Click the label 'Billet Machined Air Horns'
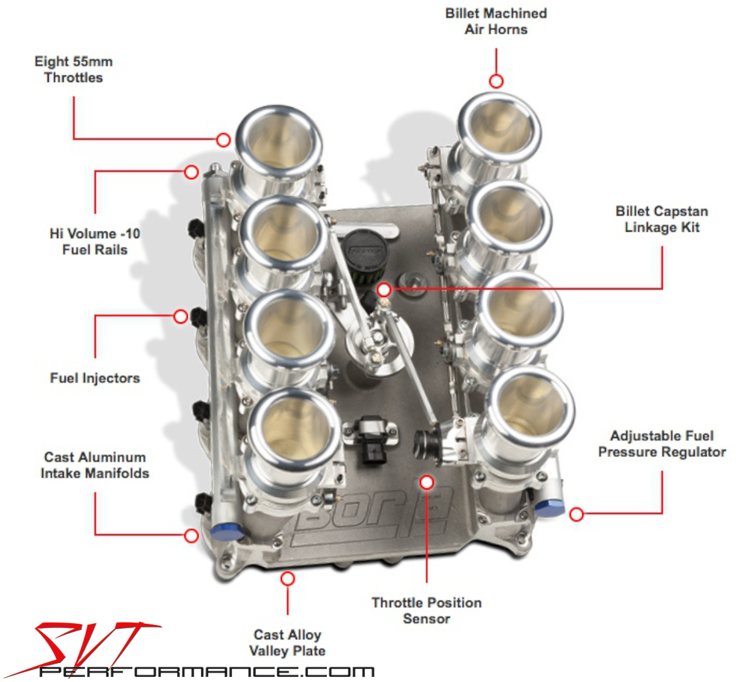[496, 21]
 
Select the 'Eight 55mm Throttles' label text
[73, 70]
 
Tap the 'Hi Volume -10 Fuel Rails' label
[95, 241]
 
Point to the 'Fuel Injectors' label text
[95, 378]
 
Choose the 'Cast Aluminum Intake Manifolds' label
[95, 465]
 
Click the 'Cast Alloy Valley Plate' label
[287, 643]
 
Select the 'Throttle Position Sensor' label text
[427, 611]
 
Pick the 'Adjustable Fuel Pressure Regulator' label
[662, 444]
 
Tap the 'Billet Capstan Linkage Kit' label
[662, 219]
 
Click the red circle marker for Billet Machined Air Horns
[496, 81]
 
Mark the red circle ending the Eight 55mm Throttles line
[224, 140]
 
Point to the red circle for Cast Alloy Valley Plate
[288, 579]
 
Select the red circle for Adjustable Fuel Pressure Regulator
[576, 514]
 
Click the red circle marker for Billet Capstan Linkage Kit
[384, 290]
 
